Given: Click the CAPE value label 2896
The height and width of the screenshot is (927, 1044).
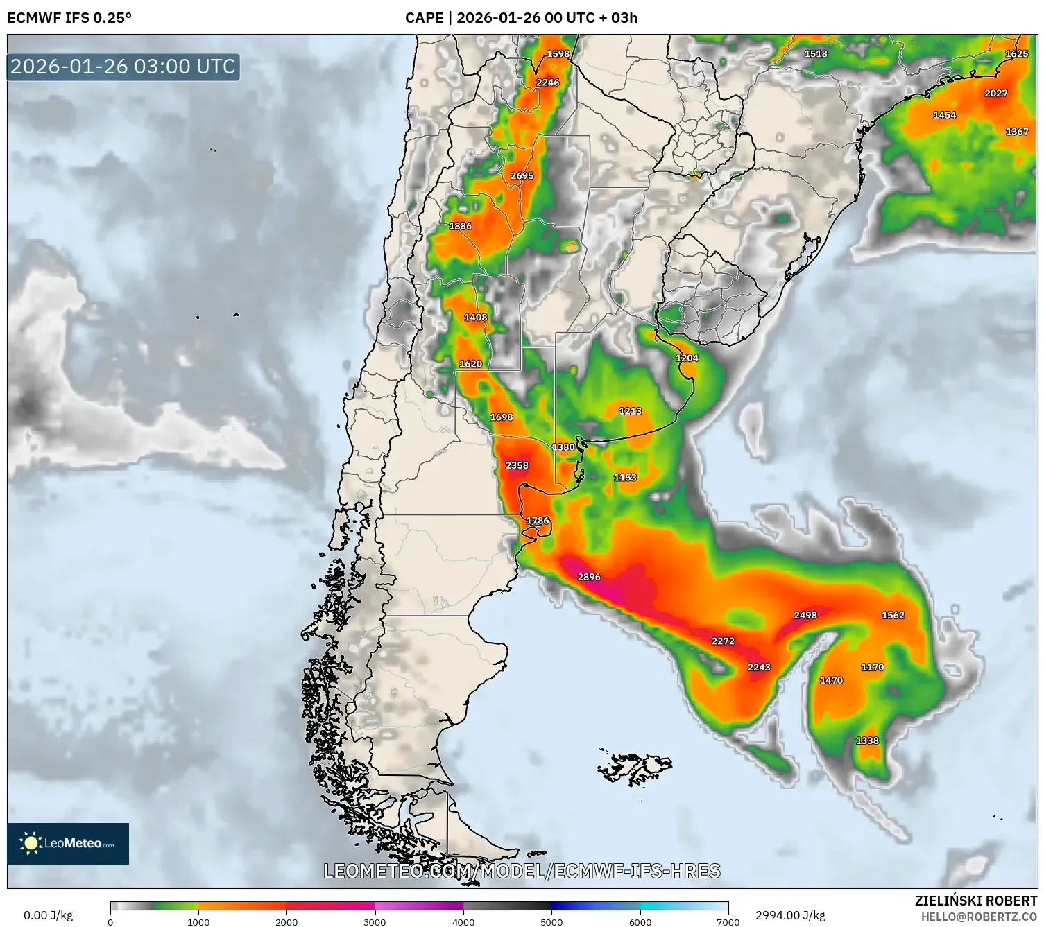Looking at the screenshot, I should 589,577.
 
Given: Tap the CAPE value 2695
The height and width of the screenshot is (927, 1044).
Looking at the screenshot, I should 522,176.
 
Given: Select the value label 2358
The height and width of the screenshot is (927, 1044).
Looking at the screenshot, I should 517,465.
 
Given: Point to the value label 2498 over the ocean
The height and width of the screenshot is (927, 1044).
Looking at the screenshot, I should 805,615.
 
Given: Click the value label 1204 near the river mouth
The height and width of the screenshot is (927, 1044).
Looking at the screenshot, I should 687,358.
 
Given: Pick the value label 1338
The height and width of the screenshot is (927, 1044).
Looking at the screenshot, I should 867,740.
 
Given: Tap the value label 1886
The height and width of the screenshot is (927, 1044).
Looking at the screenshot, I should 461,226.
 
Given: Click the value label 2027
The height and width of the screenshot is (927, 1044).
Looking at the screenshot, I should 996,93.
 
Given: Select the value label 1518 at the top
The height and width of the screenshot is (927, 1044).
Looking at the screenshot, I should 816,53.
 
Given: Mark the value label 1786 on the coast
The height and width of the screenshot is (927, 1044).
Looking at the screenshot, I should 538,521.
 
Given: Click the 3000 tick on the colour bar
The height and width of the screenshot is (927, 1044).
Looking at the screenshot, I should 375,921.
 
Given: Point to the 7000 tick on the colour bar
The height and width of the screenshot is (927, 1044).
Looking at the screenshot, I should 728,921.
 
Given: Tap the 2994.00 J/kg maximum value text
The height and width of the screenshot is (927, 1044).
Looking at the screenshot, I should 791,915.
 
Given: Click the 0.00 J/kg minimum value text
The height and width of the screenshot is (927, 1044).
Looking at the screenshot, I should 49,915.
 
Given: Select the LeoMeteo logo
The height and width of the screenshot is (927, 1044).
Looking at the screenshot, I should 68,843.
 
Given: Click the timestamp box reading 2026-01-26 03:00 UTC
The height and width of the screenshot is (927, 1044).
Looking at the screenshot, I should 123,67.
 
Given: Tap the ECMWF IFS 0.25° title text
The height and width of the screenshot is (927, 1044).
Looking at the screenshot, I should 69,18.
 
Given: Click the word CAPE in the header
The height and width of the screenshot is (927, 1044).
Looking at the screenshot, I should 424,18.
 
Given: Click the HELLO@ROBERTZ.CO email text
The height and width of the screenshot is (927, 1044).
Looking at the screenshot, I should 979,917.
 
